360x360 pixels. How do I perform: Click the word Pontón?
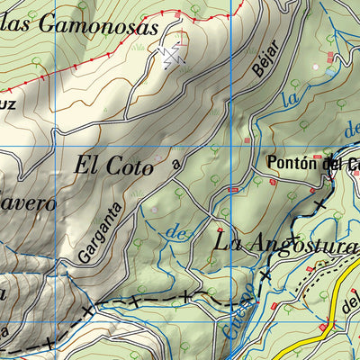click(x=294, y=164)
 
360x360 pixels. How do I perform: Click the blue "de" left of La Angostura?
click(x=179, y=231)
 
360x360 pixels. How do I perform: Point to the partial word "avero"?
click(x=27, y=202)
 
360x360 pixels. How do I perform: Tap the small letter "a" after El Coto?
click(x=175, y=165)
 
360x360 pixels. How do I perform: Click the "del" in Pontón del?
click(x=334, y=164)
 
